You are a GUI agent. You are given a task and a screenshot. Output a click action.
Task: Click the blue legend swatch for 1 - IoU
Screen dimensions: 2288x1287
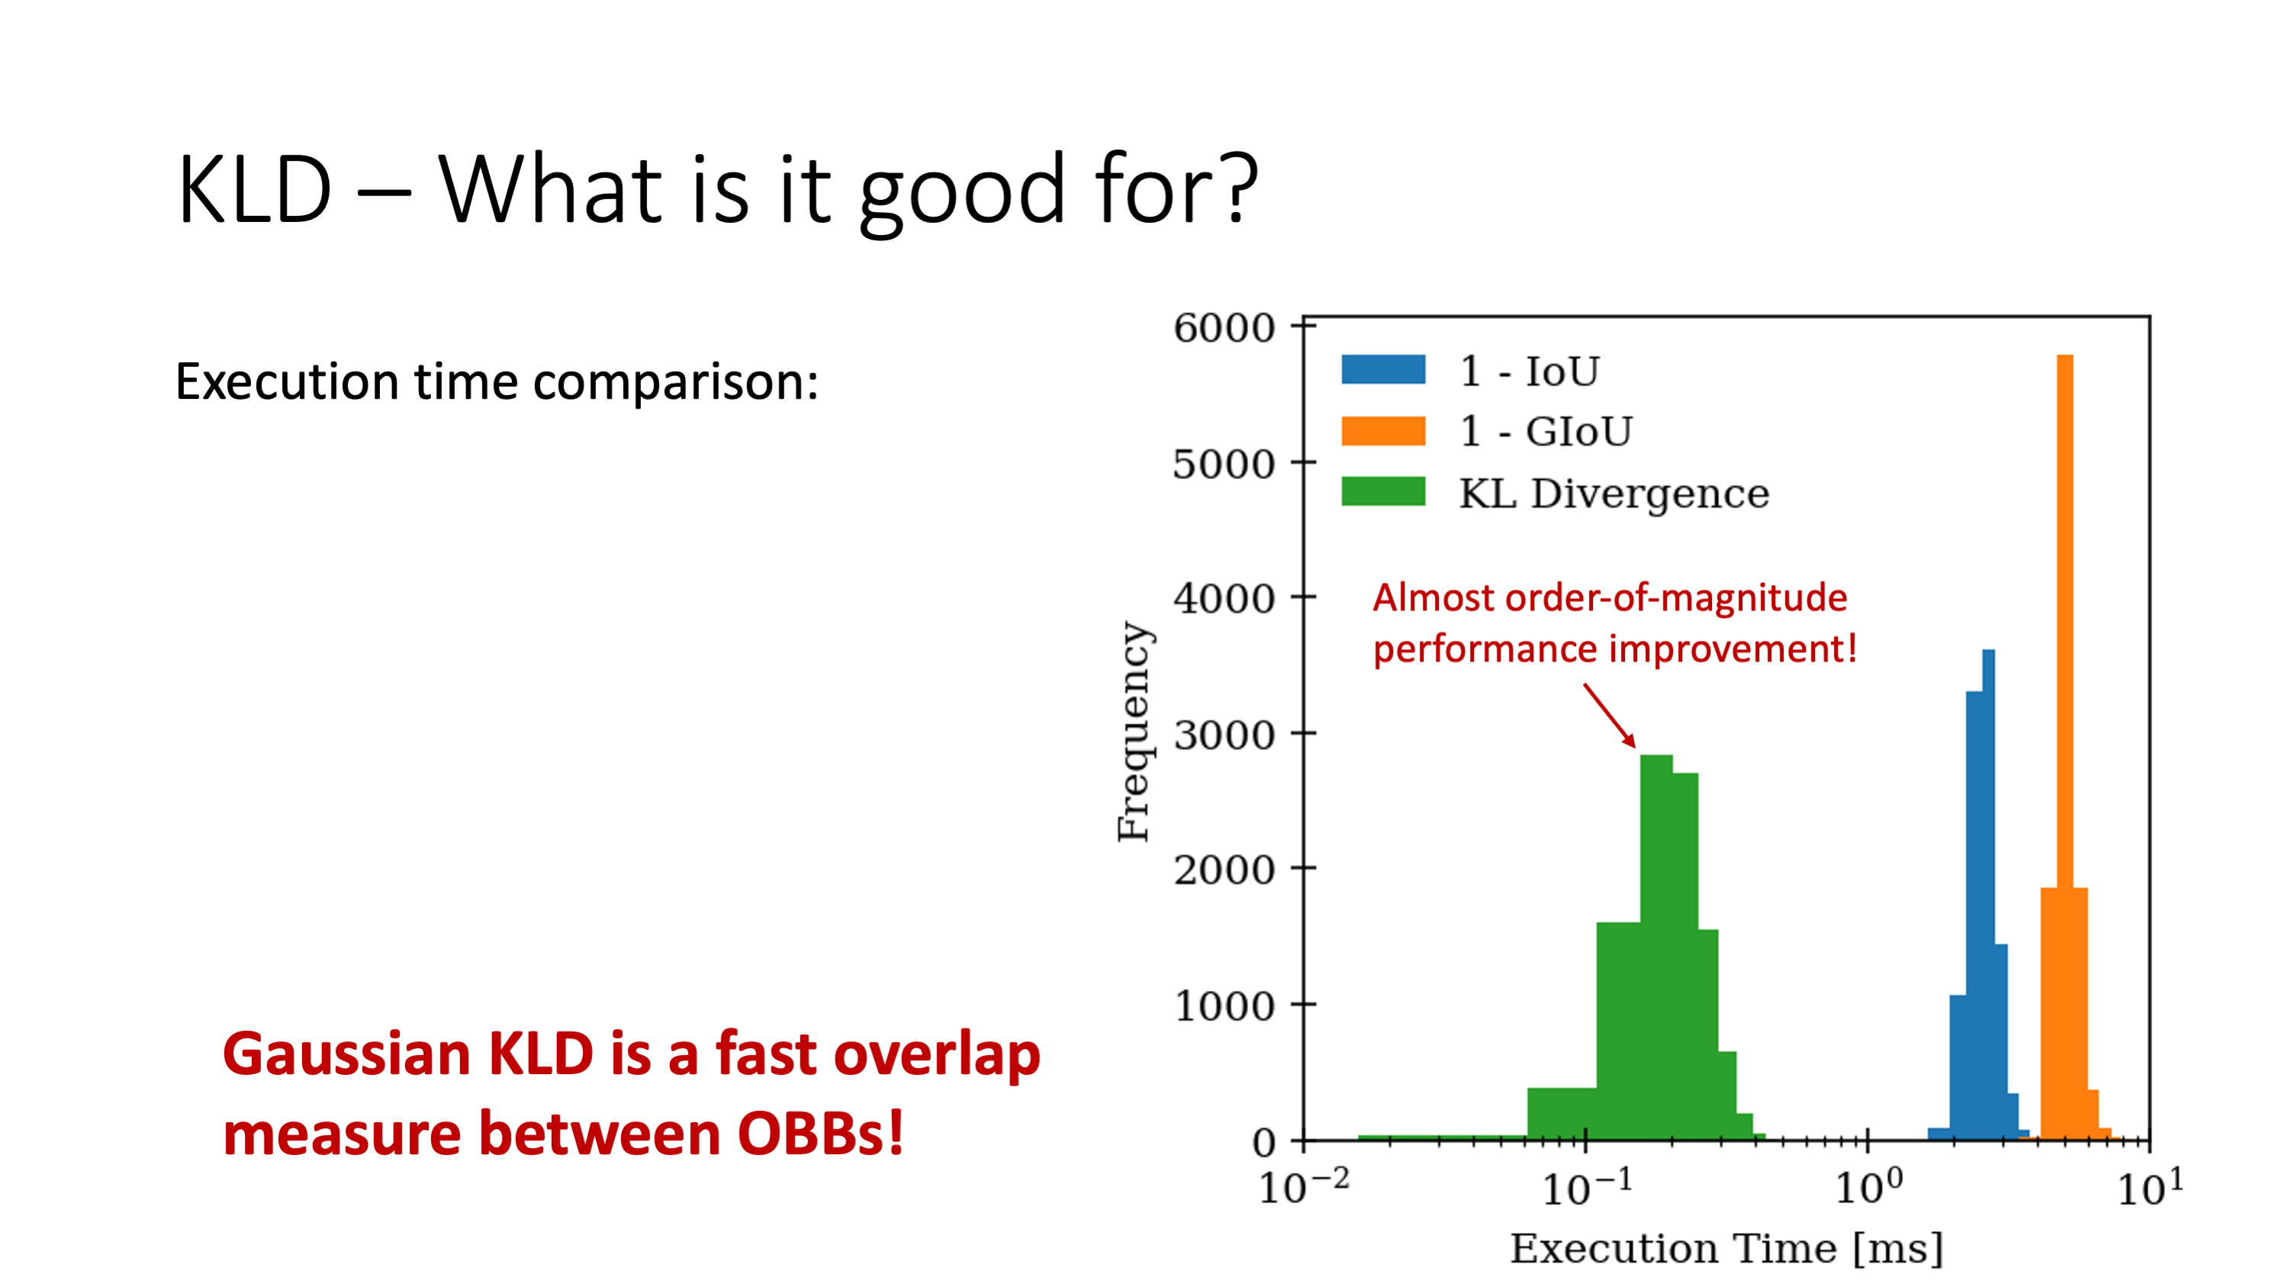click(1383, 369)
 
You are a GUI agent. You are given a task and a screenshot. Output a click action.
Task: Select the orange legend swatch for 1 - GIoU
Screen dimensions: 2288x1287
click(1383, 431)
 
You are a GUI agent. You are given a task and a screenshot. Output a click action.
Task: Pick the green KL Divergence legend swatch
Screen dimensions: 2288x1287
click(1383, 492)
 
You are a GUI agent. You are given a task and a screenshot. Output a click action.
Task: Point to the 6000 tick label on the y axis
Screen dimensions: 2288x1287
click(1224, 328)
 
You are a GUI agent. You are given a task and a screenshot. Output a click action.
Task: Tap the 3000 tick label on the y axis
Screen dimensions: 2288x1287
click(1224, 735)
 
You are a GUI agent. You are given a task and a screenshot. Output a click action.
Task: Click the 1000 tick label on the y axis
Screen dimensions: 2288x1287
click(1224, 1006)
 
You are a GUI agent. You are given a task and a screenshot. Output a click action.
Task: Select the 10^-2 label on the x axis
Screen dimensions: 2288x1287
click(1303, 1186)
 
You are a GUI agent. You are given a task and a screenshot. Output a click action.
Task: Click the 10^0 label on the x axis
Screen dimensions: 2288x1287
click(1868, 1186)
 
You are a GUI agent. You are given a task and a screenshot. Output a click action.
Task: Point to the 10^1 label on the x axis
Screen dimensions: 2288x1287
click(2149, 1186)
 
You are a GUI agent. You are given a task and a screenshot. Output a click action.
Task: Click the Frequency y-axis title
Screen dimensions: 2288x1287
click(1134, 731)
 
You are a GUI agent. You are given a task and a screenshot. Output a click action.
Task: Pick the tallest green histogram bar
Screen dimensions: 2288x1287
click(1656, 948)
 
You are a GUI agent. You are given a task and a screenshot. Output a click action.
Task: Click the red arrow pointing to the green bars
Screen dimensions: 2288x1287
click(1610, 715)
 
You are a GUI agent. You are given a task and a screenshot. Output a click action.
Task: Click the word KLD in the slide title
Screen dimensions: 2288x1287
click(255, 190)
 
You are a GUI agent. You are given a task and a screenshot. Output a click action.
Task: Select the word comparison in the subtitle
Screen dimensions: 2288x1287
click(676, 384)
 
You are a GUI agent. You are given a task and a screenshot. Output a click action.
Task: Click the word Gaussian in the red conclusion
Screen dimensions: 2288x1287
click(346, 1055)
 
